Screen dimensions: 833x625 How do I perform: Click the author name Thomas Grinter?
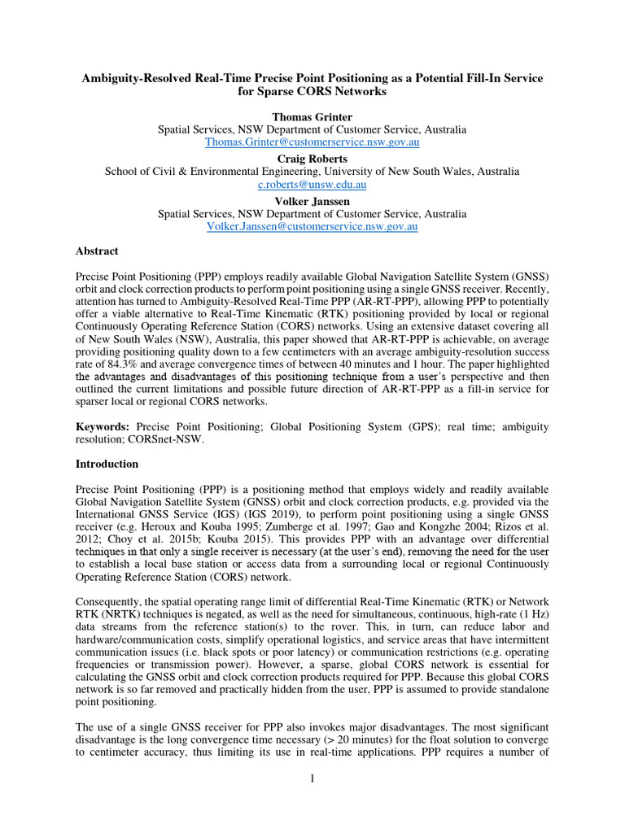pyautogui.click(x=312, y=116)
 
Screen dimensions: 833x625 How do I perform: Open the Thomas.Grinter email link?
pyautogui.click(x=312, y=142)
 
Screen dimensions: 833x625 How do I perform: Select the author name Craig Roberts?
pyautogui.click(x=312, y=159)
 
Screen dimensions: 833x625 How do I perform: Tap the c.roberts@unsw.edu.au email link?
pyautogui.click(x=312, y=185)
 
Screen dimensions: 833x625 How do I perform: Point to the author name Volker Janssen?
pyautogui.click(x=312, y=201)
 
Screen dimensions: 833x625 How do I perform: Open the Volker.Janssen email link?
pyautogui.click(x=312, y=227)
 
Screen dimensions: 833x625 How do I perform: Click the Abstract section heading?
pyautogui.click(x=97, y=251)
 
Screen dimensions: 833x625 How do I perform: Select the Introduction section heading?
pyautogui.click(x=107, y=464)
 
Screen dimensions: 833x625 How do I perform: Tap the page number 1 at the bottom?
pyautogui.click(x=312, y=778)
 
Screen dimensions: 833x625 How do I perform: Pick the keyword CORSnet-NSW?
pyautogui.click(x=175, y=439)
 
